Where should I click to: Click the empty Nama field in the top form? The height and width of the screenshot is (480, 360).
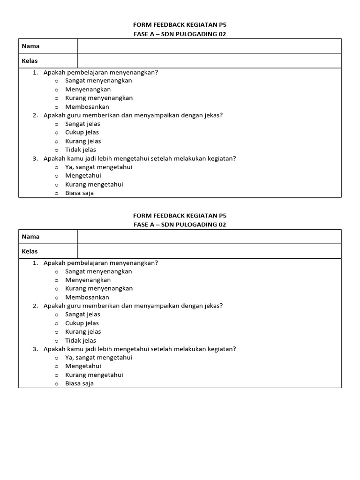click(x=209, y=46)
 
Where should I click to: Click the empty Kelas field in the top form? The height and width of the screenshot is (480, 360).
click(x=209, y=60)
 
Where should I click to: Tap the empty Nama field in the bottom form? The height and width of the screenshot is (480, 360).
click(x=209, y=237)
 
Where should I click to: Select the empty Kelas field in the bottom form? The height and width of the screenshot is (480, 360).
click(x=209, y=251)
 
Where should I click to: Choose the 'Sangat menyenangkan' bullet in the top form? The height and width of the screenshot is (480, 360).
click(x=56, y=81)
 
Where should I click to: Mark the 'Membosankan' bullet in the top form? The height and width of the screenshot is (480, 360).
click(x=56, y=107)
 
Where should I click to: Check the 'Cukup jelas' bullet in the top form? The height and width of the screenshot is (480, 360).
click(x=56, y=133)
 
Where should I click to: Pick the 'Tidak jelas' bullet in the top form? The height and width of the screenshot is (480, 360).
click(x=56, y=150)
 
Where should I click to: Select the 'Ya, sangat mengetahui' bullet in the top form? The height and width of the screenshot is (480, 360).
click(x=56, y=167)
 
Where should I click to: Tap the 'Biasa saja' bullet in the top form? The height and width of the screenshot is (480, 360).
click(x=56, y=193)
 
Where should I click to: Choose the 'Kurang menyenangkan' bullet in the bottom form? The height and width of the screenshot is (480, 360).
click(x=56, y=289)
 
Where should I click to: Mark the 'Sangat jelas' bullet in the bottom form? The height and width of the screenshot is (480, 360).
click(x=56, y=315)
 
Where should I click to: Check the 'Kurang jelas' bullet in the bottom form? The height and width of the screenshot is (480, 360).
click(x=56, y=332)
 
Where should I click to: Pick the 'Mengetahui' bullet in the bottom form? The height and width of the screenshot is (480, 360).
click(x=56, y=367)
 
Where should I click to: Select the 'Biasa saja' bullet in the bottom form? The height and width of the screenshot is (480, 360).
click(x=56, y=384)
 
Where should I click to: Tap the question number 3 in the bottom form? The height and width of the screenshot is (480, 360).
click(x=35, y=349)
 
